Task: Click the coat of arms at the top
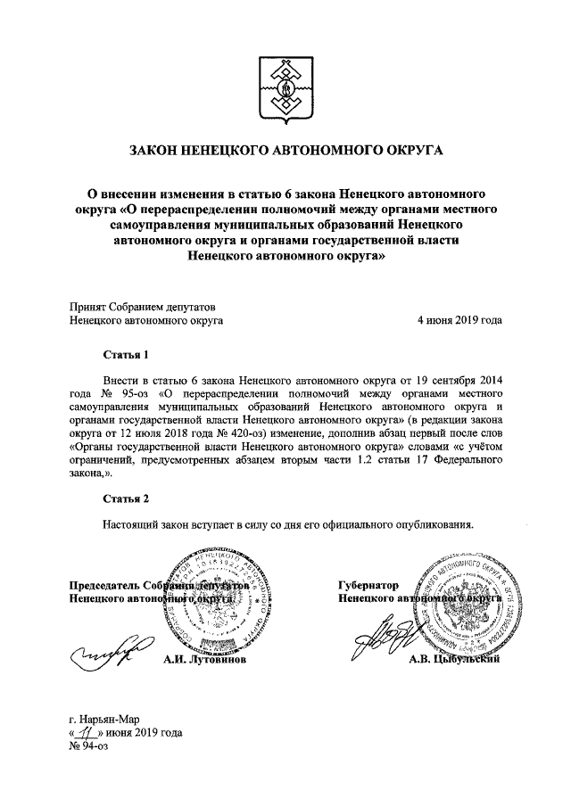coord(285,85)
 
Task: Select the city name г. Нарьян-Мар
coord(104,719)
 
